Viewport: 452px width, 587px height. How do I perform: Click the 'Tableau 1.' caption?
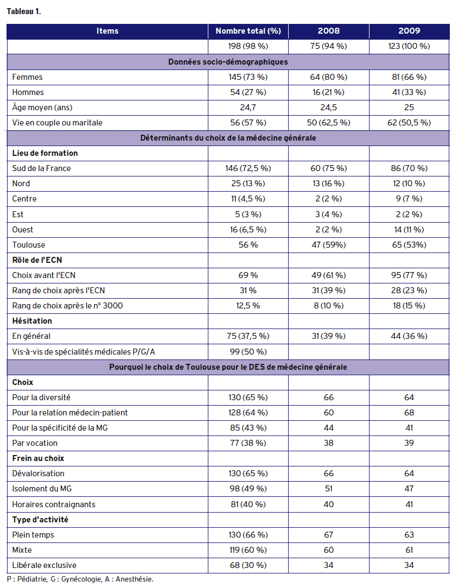pos(23,11)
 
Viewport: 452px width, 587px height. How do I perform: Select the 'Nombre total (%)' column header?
pos(248,31)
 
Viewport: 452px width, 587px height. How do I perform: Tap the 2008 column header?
pos(328,31)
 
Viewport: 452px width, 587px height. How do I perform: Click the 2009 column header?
pos(409,31)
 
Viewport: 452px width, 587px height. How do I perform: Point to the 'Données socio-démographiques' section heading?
pos(228,62)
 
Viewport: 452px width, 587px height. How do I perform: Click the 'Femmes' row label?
pos(27,77)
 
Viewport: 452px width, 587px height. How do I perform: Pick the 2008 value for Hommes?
pos(328,92)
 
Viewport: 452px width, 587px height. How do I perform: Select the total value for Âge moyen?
pos(248,108)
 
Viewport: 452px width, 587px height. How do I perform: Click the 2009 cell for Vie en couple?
pos(409,123)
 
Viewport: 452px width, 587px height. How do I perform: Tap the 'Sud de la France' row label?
pos(42,168)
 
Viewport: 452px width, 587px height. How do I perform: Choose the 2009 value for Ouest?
pos(409,230)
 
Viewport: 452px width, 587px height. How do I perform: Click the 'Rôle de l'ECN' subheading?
pos(37,260)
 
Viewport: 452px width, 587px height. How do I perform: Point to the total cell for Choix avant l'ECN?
pos(248,275)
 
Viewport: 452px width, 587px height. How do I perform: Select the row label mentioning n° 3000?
pos(67,306)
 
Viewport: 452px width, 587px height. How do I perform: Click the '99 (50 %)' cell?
pos(248,351)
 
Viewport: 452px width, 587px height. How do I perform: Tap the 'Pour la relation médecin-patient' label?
pos(70,413)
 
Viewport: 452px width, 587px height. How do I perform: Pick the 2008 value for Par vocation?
pos(328,443)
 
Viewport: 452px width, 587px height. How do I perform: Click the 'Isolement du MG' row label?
pos(42,489)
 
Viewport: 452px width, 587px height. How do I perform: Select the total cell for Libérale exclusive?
pos(248,565)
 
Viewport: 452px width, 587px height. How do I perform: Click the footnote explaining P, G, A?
pos(80,579)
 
